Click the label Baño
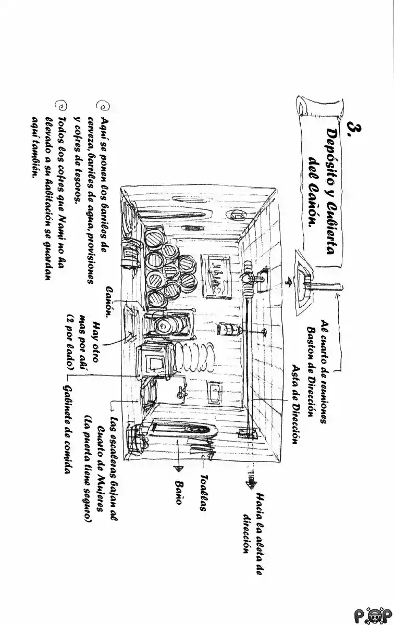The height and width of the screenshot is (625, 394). (179, 493)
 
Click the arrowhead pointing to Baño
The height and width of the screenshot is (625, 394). (179, 467)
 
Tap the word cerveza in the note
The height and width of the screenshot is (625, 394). (92, 130)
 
